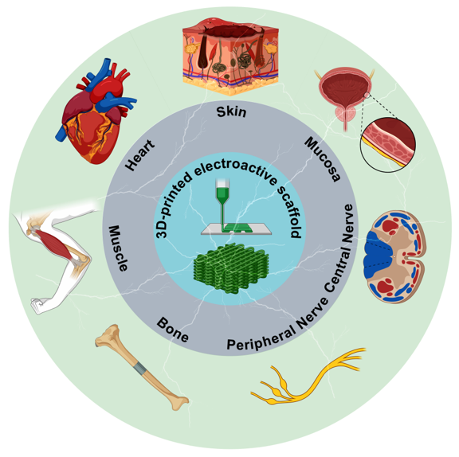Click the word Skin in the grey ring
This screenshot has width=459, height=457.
[x=231, y=111]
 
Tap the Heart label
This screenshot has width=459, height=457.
[x=140, y=155]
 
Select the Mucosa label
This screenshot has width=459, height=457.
[x=323, y=159]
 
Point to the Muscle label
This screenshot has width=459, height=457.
[x=118, y=248]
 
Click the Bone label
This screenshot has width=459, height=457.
[x=173, y=330]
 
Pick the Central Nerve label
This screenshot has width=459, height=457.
[x=339, y=248]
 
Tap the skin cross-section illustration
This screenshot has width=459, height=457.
[x=230, y=57]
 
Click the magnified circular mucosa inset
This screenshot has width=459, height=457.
[x=388, y=144]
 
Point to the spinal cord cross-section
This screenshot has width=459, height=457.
[x=394, y=256]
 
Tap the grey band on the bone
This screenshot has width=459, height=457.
[x=139, y=368]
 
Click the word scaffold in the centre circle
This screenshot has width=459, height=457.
[x=290, y=211]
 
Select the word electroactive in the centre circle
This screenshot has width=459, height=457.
[x=235, y=169]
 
